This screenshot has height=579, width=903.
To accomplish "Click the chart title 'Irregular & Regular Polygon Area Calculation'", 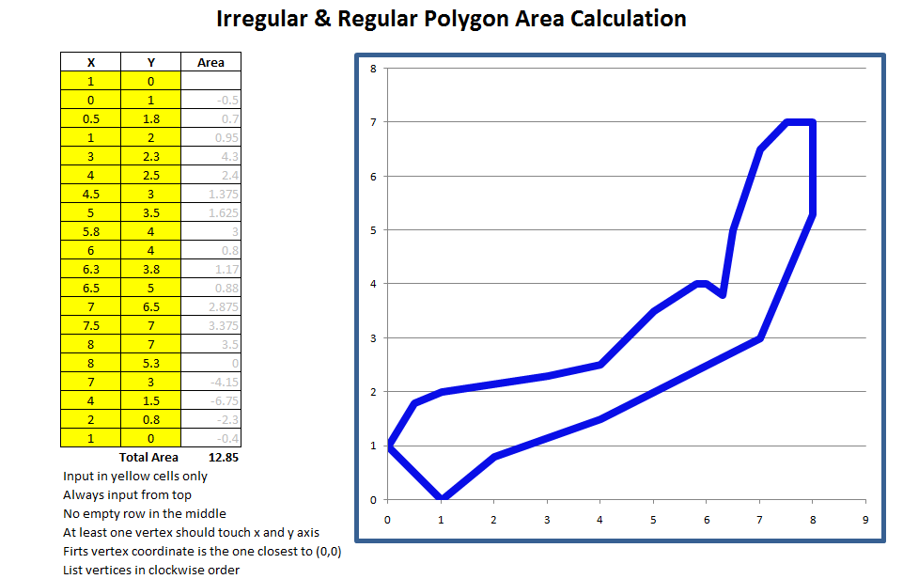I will [451, 19].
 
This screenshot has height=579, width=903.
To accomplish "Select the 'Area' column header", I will [210, 62].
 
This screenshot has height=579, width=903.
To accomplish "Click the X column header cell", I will [90, 62].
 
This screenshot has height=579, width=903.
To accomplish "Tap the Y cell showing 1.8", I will [150, 118].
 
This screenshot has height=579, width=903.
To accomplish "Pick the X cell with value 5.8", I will [90, 231].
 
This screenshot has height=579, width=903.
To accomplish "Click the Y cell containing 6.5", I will [150, 306].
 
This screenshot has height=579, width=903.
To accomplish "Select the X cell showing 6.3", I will [90, 269].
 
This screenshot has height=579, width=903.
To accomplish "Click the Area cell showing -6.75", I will [210, 400].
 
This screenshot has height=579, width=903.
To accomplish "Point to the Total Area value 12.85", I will [223, 457].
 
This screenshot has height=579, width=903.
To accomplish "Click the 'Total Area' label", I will [148, 457].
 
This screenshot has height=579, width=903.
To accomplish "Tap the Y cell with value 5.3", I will [150, 363].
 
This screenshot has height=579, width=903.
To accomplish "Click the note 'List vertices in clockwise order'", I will [151, 570].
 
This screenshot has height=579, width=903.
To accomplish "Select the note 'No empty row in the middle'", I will [145, 513].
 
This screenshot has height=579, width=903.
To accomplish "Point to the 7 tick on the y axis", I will [373, 122].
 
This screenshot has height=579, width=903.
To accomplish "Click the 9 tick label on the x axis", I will [865, 518].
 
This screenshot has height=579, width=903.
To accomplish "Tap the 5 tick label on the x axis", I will [653, 518].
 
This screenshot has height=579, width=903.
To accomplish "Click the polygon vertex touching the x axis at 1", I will [442, 498].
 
